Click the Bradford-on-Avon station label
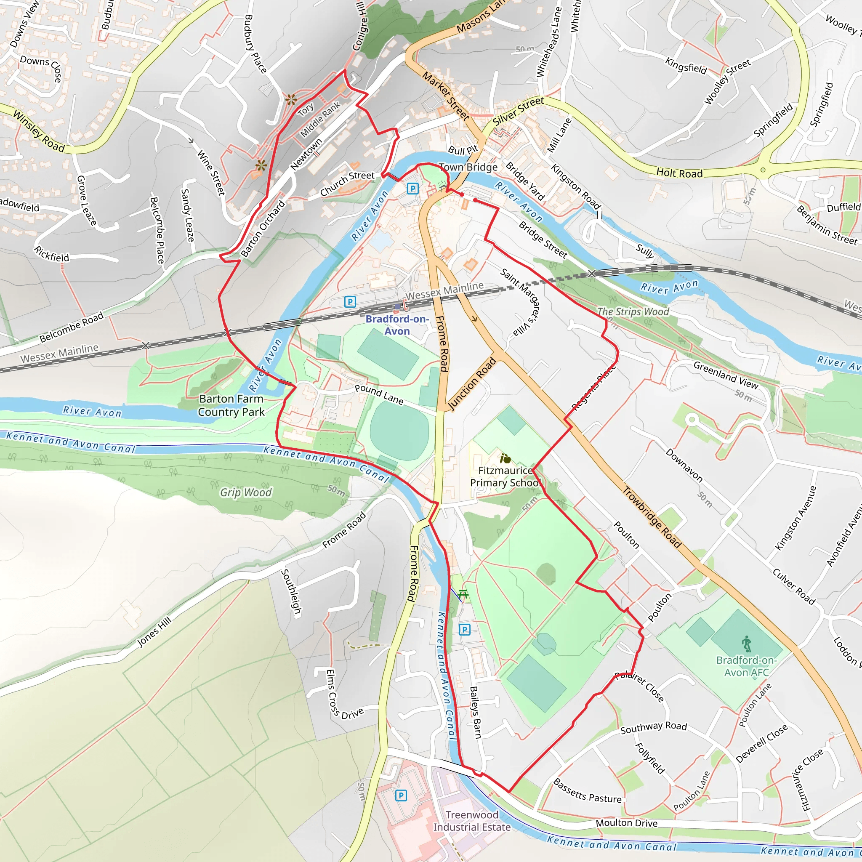point(396,325)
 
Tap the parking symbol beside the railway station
point(350,302)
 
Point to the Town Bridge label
point(468,168)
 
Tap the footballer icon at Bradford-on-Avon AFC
point(746,644)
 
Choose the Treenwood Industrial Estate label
point(472,821)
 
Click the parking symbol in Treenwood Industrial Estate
point(401,795)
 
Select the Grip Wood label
point(245,492)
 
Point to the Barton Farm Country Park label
point(231,405)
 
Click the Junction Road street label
point(473,384)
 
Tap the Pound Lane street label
point(379,394)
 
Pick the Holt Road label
point(679,173)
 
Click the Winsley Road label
point(39,131)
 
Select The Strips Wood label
point(633,311)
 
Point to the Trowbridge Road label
point(652,517)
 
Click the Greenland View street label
point(726,375)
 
